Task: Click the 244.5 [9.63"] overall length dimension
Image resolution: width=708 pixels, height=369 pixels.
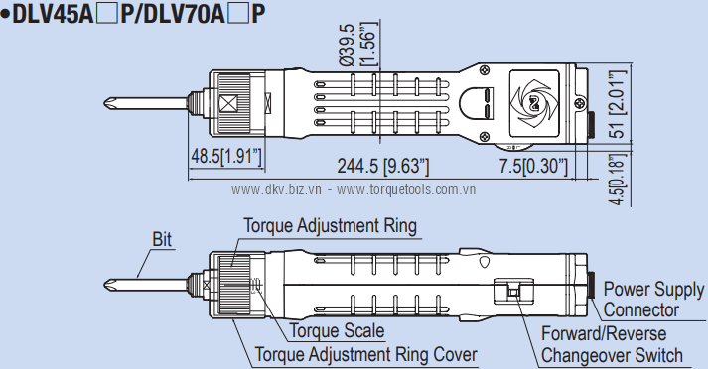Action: pyautogui.click(x=383, y=166)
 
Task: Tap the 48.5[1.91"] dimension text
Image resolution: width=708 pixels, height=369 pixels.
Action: pyautogui.click(x=226, y=157)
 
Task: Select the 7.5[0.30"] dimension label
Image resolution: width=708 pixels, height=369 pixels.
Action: pyautogui.click(x=533, y=166)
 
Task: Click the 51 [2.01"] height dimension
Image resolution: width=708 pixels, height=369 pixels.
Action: pyautogui.click(x=618, y=104)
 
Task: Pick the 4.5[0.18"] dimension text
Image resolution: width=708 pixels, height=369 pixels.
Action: pyautogui.click(x=618, y=180)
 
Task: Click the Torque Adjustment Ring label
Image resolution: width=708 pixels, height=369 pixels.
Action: pyautogui.click(x=330, y=225)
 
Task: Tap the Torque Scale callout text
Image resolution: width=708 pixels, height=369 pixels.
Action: pyautogui.click(x=337, y=330)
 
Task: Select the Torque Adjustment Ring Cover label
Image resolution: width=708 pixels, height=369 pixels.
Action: pyautogui.click(x=366, y=354)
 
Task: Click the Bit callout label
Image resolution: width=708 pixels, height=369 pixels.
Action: pyautogui.click(x=162, y=239)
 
